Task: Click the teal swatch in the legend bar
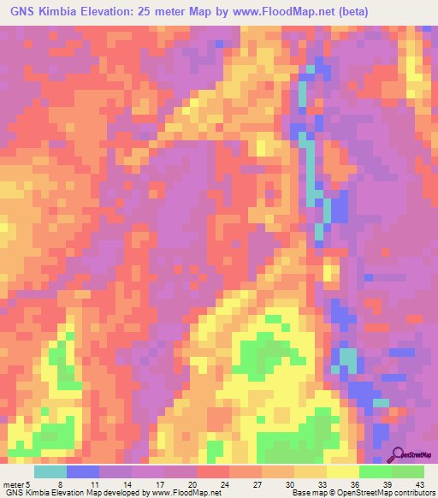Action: tap(50, 471)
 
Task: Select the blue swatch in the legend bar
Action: tap(83, 471)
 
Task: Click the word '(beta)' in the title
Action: tap(412, 10)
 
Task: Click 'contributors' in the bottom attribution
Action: tap(411, 493)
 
